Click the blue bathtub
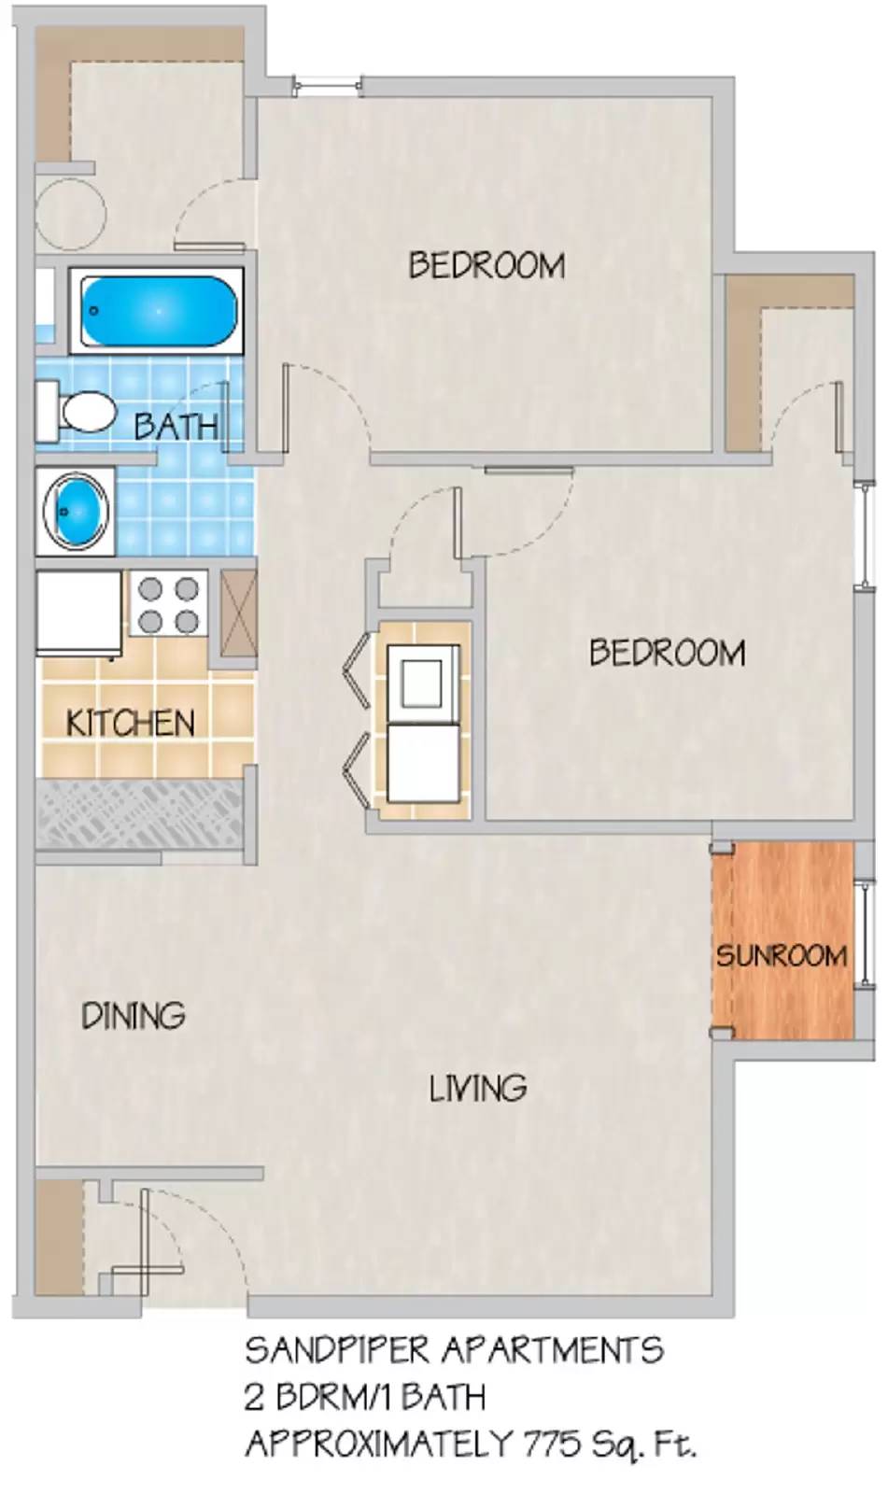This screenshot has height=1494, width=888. [158, 311]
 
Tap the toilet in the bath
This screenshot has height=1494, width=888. [79, 412]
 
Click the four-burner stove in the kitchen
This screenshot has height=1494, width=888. [168, 605]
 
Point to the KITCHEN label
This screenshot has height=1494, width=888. [131, 723]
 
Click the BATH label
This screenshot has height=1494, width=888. [176, 427]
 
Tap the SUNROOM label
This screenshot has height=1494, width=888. [782, 955]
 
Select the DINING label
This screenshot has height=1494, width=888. [134, 1015]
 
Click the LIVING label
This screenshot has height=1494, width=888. [477, 1088]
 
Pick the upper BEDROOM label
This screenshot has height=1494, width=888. [486, 265]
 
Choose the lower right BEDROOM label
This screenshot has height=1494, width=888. [667, 653]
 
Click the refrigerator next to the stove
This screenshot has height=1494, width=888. [78, 612]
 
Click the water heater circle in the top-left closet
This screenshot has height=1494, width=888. [70, 213]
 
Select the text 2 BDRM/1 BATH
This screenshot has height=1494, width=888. [365, 1397]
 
